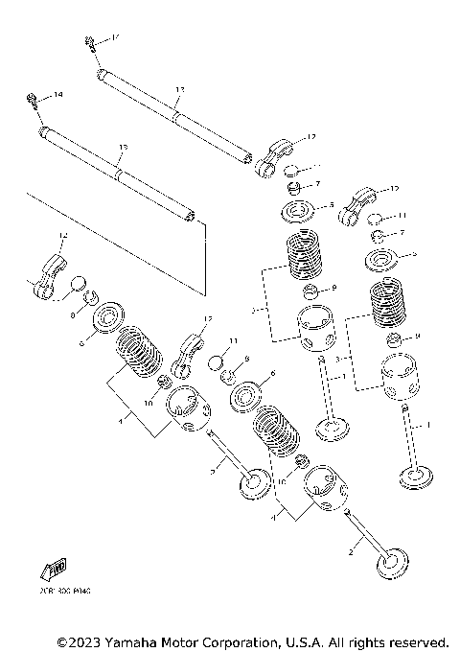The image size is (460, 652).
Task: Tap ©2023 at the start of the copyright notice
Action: (80, 640)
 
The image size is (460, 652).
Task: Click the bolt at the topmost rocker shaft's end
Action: (89, 41)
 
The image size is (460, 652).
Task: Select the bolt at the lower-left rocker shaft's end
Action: (34, 98)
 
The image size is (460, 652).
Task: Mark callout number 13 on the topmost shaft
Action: (179, 89)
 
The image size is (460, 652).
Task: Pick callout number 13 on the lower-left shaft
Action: (122, 149)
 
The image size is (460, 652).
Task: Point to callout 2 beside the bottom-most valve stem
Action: (351, 553)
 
